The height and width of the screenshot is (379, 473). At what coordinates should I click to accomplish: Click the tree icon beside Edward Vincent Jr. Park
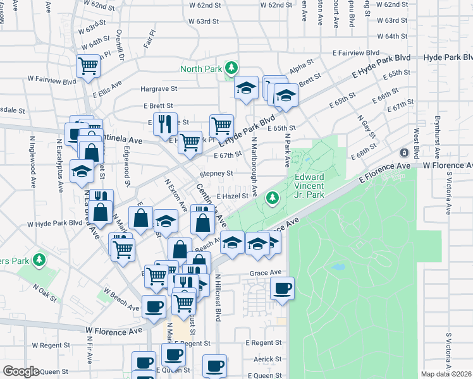(273, 198)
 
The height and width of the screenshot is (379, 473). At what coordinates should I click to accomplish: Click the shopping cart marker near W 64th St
(88, 64)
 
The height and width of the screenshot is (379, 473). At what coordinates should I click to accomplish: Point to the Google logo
(20, 371)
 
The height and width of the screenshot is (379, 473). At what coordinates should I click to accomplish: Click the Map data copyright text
(445, 374)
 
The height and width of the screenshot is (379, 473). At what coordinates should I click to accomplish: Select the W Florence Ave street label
(114, 330)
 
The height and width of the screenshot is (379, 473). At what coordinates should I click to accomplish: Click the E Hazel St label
(233, 196)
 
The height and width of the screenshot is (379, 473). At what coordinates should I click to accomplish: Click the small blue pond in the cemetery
(338, 267)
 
